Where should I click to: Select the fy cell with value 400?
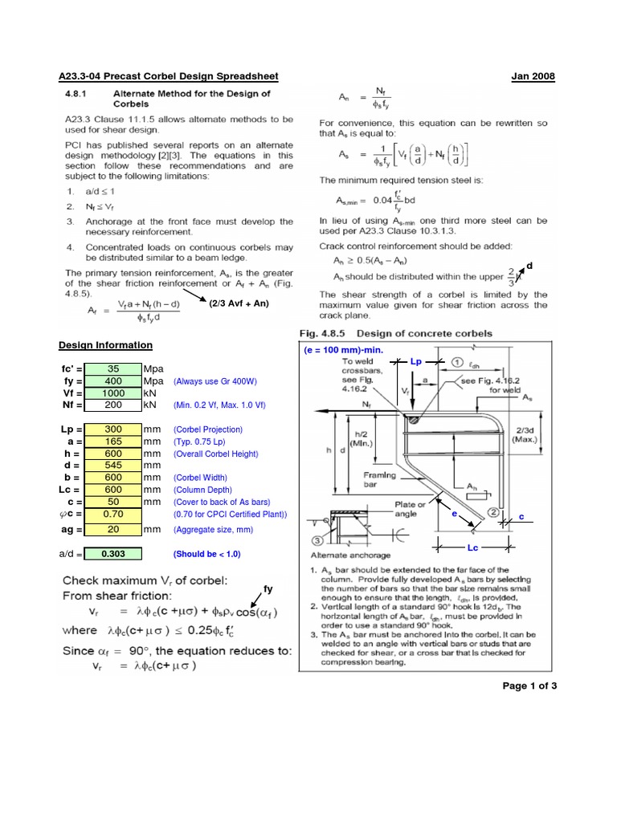click(112, 381)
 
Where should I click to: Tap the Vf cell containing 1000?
click(112, 393)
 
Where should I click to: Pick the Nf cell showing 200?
click(112, 405)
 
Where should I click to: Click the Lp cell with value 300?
click(112, 429)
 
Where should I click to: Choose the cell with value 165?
click(112, 442)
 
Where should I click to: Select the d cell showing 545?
click(112, 465)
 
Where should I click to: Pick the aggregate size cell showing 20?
click(112, 529)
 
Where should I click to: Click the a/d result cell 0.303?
click(112, 554)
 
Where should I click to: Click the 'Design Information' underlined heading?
click(105, 345)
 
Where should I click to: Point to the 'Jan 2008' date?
click(533, 76)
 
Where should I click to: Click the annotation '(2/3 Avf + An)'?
click(239, 304)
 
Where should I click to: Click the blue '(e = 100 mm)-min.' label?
click(344, 351)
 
